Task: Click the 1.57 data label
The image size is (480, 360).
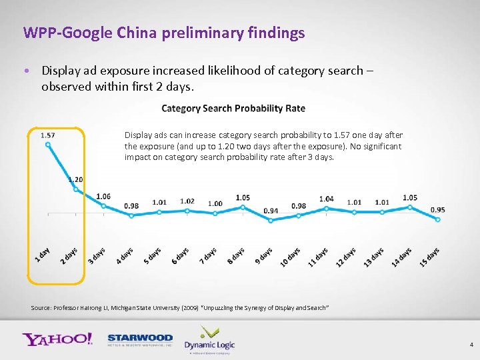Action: pos(47,135)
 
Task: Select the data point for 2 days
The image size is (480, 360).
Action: pos(75,189)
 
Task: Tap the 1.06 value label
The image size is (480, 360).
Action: pos(103,196)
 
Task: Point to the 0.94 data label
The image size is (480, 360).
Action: pos(271,211)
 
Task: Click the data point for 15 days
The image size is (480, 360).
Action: pos(437,219)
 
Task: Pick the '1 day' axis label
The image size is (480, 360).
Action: pos(42,254)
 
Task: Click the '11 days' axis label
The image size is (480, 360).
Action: pos(318,257)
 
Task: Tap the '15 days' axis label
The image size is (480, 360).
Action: pos(429,257)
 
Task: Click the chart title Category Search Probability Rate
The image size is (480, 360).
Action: pos(233,109)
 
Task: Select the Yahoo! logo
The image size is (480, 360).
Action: pos(57,339)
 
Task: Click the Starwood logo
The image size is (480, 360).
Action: pos(140,340)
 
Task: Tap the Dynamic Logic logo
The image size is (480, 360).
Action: pos(209,339)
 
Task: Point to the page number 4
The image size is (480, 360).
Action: pos(471,345)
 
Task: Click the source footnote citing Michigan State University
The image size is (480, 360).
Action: pos(180,307)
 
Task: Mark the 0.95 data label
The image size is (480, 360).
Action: pos(437,209)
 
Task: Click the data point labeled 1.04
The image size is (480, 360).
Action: pos(326,208)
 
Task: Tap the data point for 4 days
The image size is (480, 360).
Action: pos(131,215)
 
